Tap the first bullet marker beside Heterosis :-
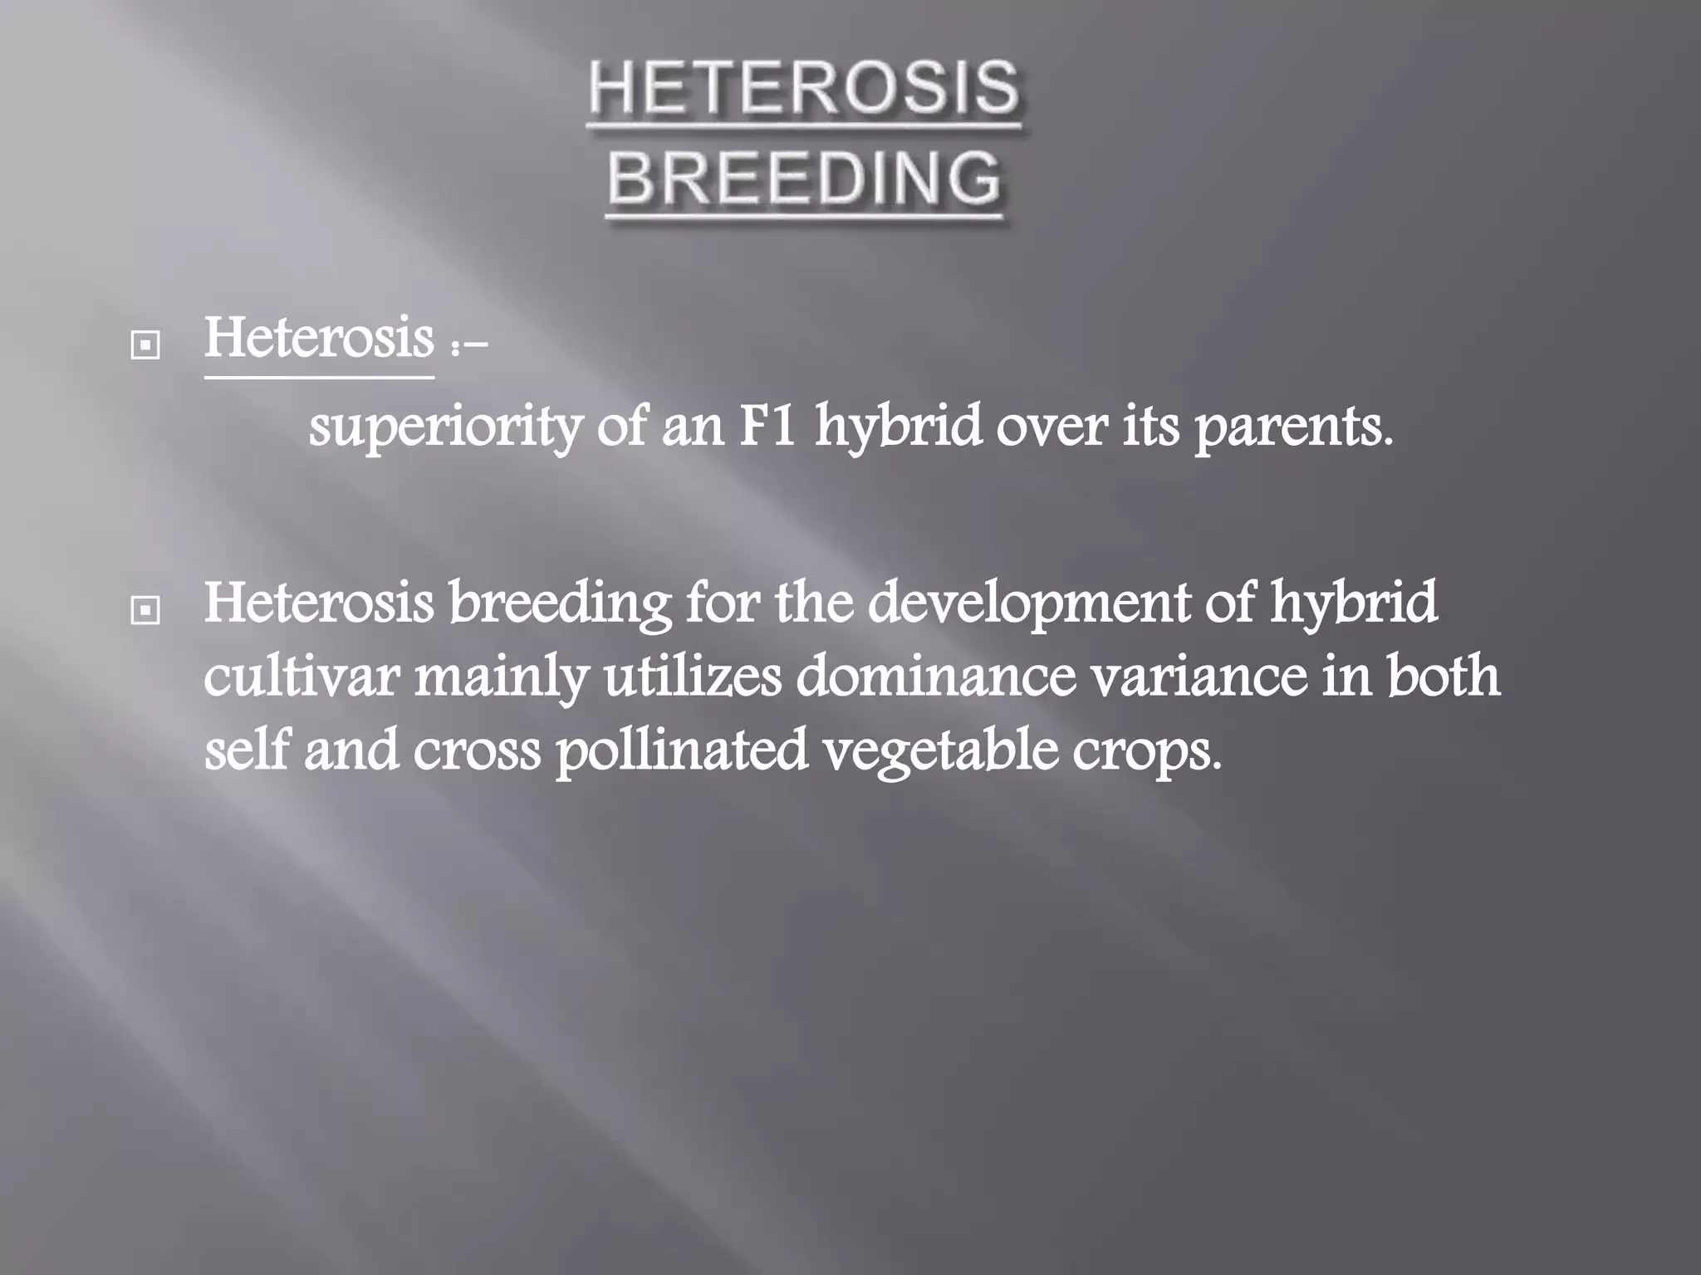(x=145, y=346)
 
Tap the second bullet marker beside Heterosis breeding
(x=145, y=611)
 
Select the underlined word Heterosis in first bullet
(x=319, y=339)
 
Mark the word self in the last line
(x=247, y=750)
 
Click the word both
(x=1444, y=677)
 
